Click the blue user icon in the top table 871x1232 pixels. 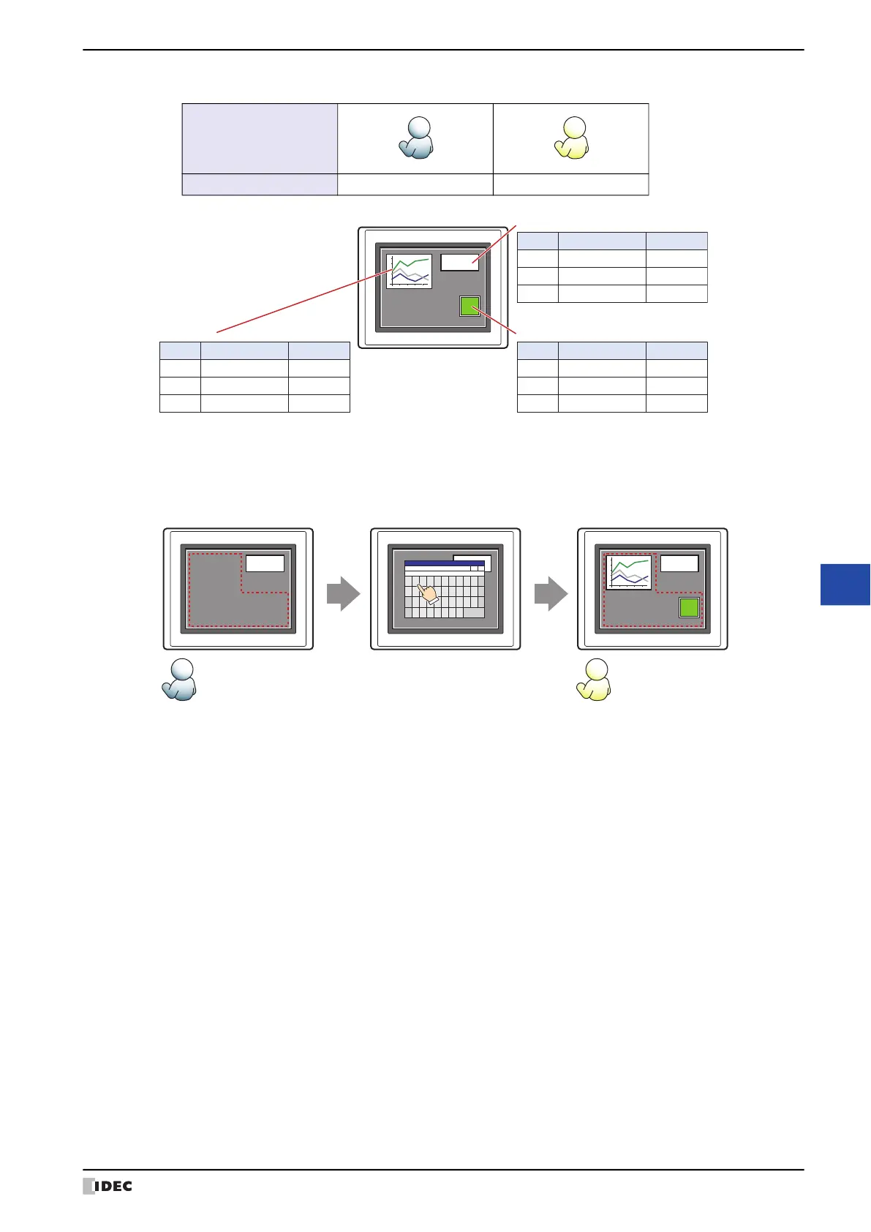tap(416, 138)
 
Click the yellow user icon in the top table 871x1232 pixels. tap(572, 138)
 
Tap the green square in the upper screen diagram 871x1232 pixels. tap(470, 306)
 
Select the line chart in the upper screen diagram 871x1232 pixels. tap(409, 271)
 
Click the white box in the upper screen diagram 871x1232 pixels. tap(459, 263)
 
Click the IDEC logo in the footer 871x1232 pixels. tap(108, 1186)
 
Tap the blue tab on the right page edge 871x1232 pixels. tap(845, 585)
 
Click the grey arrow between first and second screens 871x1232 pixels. tap(343, 593)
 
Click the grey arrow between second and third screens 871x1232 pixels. tap(551, 593)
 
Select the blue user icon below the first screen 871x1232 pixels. tap(179, 680)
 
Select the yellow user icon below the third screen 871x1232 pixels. tap(594, 680)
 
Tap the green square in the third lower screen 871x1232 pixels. tap(689, 607)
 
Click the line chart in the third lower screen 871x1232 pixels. tap(629, 573)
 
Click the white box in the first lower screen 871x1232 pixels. tap(265, 563)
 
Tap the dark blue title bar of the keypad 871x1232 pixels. tap(444, 563)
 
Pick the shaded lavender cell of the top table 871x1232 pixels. tap(260, 138)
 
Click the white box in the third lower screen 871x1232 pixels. tap(679, 563)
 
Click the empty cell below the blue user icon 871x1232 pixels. tap(415, 184)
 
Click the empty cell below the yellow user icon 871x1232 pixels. tap(571, 184)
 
